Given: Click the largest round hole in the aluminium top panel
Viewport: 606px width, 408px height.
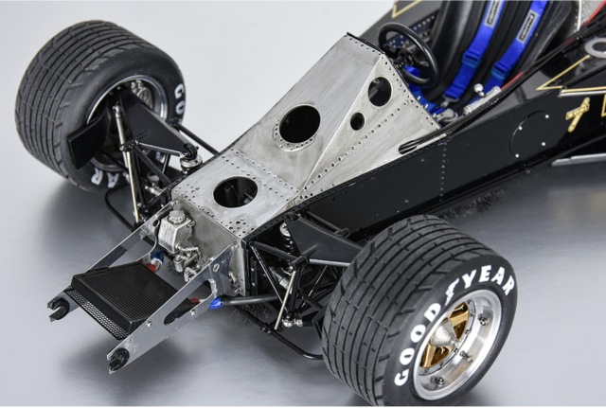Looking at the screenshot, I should pyautogui.click(x=299, y=124).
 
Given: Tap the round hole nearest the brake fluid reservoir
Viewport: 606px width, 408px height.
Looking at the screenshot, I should pyautogui.click(x=235, y=192).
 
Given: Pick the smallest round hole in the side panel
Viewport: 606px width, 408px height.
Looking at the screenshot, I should pyautogui.click(x=357, y=121).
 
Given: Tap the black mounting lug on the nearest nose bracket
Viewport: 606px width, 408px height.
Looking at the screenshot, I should pyautogui.click(x=117, y=359).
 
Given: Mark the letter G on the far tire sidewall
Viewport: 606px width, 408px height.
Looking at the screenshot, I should pyautogui.click(x=178, y=92).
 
